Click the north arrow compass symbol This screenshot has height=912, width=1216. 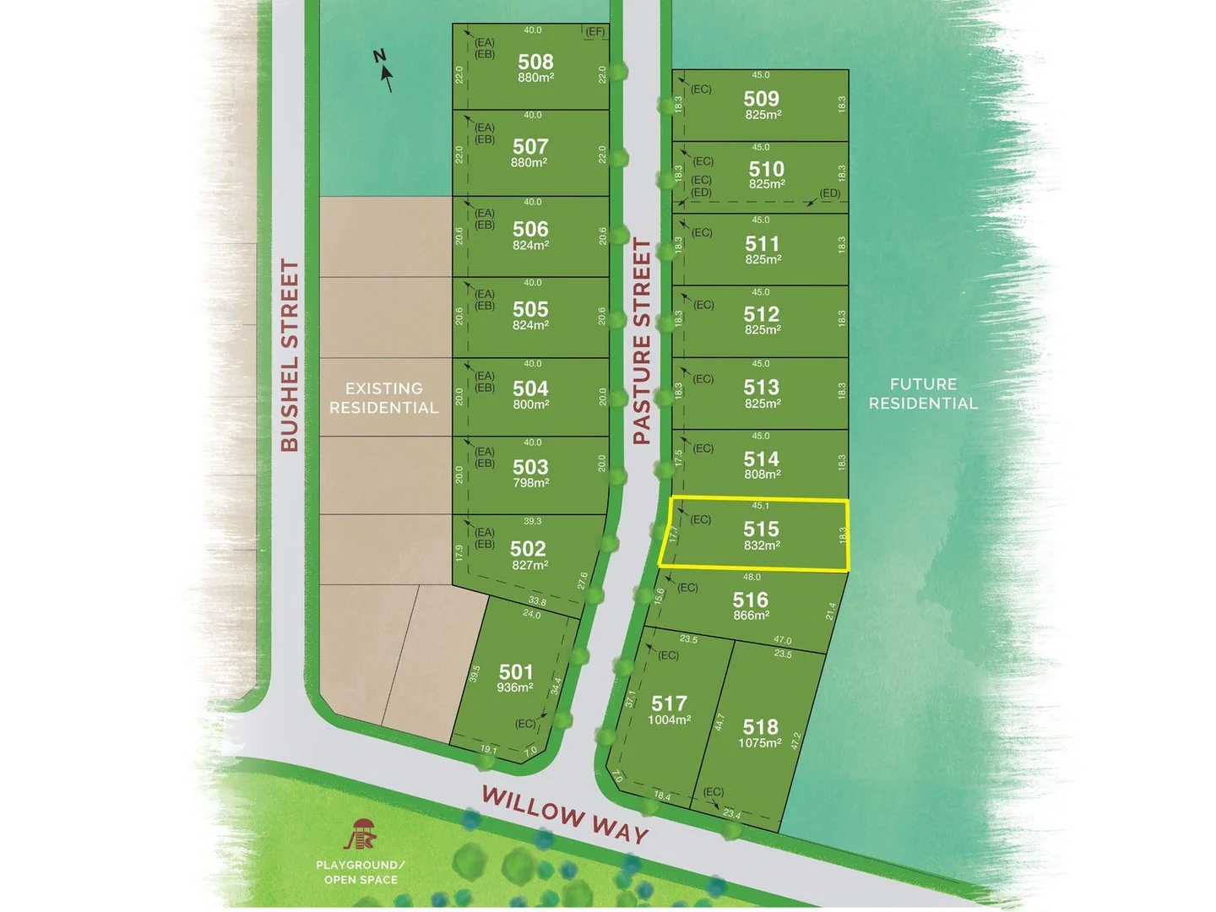point(384,69)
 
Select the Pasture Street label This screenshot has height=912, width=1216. point(643,341)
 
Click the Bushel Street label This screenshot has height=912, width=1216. point(290,355)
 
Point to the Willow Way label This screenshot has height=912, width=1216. point(565,815)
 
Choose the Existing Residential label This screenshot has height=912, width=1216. point(384,398)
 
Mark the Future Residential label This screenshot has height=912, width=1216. point(923,394)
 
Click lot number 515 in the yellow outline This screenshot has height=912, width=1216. point(761,529)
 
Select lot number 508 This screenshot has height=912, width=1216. point(535,62)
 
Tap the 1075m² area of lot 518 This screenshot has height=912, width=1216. point(760,743)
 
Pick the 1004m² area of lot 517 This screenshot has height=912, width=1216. point(669,720)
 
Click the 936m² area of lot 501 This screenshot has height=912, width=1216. point(515,687)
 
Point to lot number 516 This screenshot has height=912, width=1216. point(751,600)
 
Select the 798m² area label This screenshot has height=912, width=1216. point(530,483)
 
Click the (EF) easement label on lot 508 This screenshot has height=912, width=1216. point(595,32)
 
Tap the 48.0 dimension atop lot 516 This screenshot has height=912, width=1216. point(752,578)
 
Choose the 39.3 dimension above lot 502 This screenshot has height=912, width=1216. point(532,521)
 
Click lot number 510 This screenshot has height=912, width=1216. point(766,169)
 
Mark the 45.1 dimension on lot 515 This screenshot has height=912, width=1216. point(760,506)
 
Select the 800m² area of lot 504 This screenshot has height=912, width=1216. point(530,404)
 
